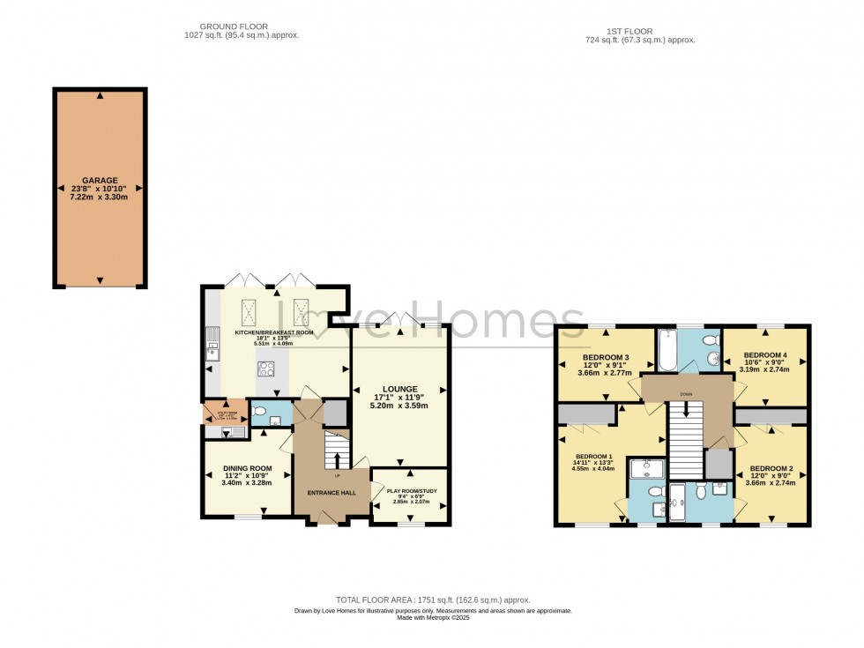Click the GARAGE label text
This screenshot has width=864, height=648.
(100, 180)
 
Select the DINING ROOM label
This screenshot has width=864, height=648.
(247, 468)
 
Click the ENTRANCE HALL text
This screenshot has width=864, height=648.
(331, 492)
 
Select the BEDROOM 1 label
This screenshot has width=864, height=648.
(593, 457)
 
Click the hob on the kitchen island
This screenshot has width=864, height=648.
(265, 369)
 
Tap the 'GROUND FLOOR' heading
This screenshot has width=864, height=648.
(234, 26)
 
